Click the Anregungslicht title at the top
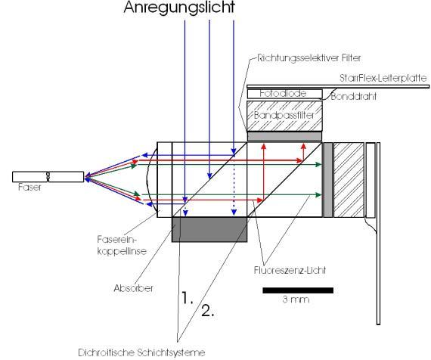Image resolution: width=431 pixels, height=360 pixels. coord(179,8)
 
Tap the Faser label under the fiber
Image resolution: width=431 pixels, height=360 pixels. coord(29,188)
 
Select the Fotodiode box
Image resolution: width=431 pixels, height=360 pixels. coord(285,94)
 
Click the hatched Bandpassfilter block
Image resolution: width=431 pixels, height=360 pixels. coord(284,116)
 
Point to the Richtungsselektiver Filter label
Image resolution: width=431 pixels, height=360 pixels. coord(309,58)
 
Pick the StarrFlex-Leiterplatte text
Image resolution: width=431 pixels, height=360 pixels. coord(383,78)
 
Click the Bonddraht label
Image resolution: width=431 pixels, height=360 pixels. coord(353,97)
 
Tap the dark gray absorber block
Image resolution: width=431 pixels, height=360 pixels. coord(209,229)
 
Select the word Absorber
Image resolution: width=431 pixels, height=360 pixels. coord(133,288)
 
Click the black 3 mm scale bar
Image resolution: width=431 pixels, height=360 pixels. coord(298,290)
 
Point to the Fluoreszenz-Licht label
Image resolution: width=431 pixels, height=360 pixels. coord(290,270)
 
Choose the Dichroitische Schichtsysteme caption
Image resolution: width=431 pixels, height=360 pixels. coord(141,352)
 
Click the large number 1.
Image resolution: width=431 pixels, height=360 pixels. coord(188,298)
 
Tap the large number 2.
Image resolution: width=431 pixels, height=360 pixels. coord(208,311)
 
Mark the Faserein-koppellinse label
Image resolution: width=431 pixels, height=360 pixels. coord(122,245)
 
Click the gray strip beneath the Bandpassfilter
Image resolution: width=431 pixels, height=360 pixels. coord(284,136)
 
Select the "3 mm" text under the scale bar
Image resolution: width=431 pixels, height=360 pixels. coord(296,299)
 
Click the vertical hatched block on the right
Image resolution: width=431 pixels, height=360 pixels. coord(349,180)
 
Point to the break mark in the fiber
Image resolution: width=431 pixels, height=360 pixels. coord(48,176)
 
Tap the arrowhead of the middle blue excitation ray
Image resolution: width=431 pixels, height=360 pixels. coord(209,176)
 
